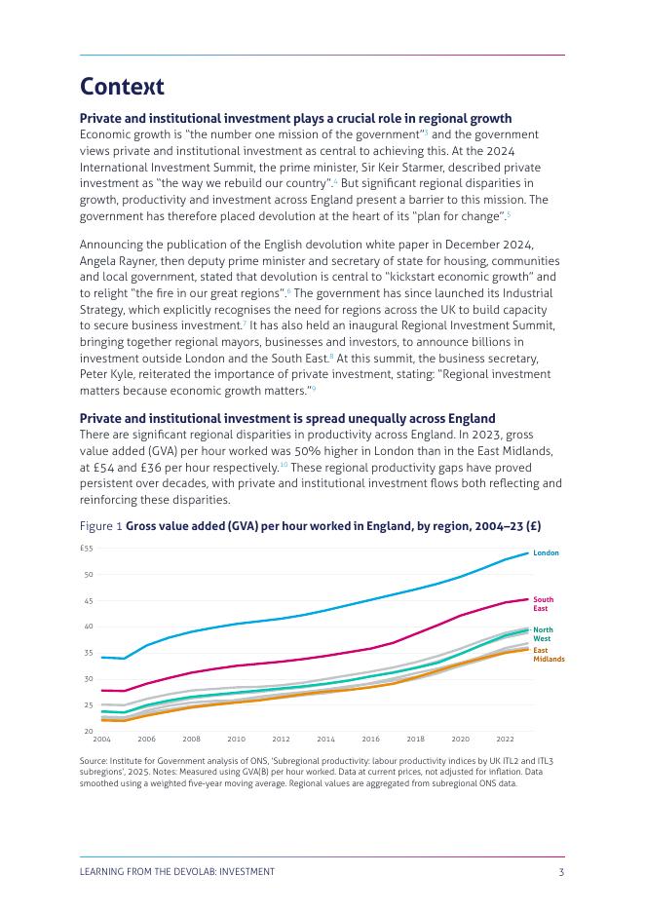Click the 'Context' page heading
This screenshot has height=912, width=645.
[122, 87]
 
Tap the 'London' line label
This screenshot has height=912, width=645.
[546, 552]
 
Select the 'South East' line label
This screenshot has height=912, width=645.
[543, 604]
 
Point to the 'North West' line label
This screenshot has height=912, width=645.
[543, 634]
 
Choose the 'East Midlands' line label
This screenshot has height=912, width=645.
[549, 655]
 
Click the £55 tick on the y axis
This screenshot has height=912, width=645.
[87, 549]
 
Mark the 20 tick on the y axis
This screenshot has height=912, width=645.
[88, 731]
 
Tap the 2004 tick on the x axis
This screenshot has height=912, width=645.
[101, 740]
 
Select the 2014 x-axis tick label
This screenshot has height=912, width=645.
[325, 740]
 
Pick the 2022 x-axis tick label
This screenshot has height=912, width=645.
[505, 740]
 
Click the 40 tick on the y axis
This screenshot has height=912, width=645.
[88, 627]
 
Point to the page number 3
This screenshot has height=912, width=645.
[561, 872]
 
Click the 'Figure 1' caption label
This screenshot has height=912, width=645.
[100, 526]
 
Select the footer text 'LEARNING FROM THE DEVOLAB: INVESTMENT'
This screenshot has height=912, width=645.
[176, 872]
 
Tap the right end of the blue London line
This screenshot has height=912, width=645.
[528, 553]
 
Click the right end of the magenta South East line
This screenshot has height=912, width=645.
[528, 599]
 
